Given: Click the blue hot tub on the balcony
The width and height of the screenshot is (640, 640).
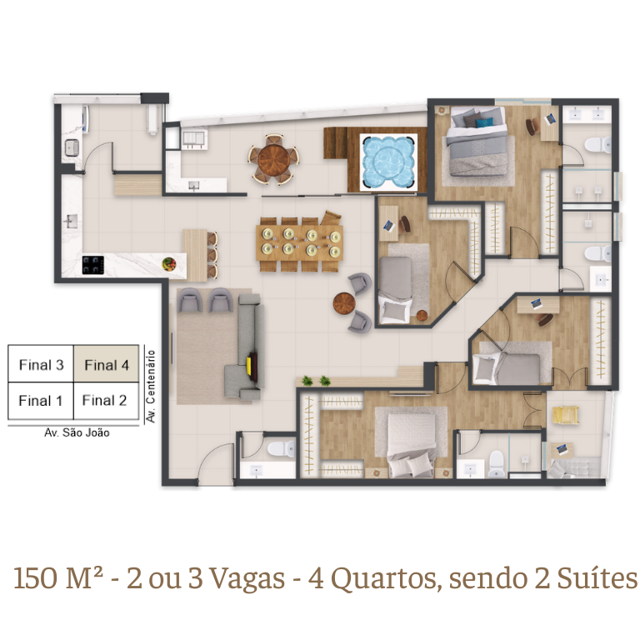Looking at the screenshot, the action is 388,162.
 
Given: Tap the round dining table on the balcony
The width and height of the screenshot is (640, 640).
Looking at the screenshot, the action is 274,159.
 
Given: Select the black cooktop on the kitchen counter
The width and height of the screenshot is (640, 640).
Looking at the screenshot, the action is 93,265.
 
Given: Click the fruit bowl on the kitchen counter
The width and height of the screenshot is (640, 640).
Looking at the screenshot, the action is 168,263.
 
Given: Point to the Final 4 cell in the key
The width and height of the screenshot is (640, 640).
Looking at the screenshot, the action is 106,364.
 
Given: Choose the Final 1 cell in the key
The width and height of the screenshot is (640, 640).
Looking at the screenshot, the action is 41,401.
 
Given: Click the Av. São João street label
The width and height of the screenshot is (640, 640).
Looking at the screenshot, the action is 77,432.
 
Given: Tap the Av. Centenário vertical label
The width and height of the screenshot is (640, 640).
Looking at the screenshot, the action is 151,386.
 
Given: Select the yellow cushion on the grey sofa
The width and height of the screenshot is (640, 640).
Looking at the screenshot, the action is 248,365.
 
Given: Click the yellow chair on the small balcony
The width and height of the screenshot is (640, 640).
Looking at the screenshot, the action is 565,415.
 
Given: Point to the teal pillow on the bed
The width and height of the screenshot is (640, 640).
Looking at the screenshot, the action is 485,122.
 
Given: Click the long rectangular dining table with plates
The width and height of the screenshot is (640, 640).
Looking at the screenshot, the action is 299,243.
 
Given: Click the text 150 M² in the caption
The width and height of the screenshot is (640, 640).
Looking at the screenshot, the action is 58,578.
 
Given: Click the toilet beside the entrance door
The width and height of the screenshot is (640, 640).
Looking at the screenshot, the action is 281,448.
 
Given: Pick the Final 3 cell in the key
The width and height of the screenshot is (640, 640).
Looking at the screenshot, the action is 41,364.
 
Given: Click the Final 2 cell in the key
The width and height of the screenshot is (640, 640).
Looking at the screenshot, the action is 106,401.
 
